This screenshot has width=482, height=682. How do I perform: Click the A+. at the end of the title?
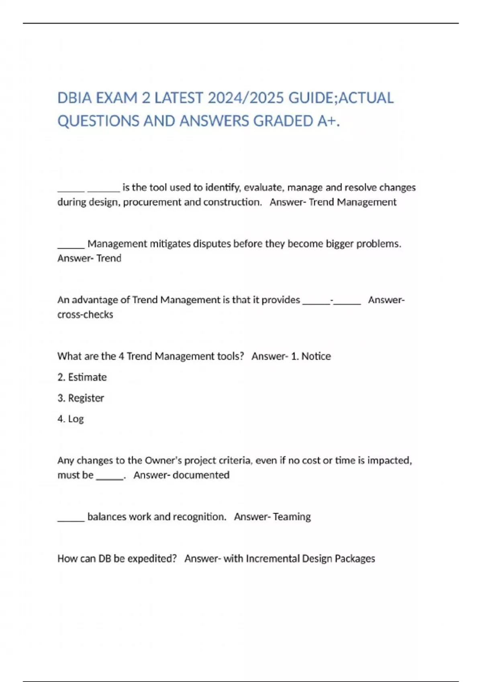coord(328,121)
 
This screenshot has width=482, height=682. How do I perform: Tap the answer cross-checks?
coord(85,315)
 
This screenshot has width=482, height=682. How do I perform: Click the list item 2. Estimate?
coord(82,377)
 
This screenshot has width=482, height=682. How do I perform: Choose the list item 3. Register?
coord(81,398)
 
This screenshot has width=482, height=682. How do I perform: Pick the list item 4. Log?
coord(71,419)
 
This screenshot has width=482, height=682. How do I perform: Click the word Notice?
coord(316,356)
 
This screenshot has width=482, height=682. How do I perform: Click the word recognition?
coord(199,517)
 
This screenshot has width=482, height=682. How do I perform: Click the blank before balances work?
coord(71,518)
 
